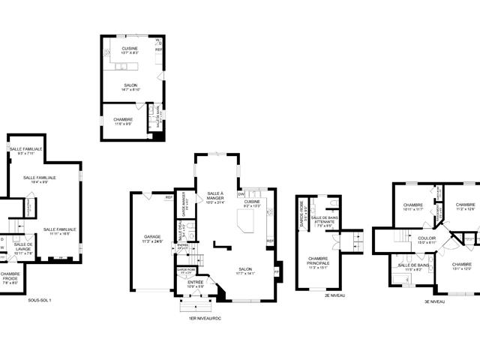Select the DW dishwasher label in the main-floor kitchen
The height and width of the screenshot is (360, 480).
click(x=241, y=194)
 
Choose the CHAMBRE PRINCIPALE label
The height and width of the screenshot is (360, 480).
click(x=318, y=262)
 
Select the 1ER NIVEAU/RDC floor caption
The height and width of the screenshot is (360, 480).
click(x=205, y=318)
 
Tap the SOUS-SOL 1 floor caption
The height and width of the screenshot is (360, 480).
click(x=40, y=299)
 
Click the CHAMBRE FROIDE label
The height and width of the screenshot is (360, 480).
click(x=11, y=278)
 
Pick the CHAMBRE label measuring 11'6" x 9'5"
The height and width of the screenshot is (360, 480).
click(x=124, y=121)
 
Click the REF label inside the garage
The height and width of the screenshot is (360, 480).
click(x=169, y=197)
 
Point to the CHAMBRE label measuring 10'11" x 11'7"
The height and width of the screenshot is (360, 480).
click(x=413, y=207)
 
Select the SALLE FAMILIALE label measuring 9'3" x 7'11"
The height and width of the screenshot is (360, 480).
click(x=26, y=151)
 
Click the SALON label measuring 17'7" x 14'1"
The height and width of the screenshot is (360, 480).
click(x=246, y=271)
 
